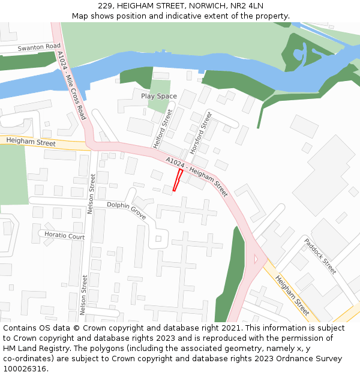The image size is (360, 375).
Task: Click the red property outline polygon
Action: click(178, 180)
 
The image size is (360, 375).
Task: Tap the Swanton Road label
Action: click(39, 47)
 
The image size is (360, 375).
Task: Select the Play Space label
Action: click(159, 96)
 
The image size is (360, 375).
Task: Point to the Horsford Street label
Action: click(201, 131)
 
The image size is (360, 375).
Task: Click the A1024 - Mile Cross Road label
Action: click(71, 85)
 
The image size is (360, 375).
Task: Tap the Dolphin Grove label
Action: click(127, 210)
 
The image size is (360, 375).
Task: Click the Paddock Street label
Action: click(320, 256)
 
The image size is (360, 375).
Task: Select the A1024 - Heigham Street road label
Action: click(197, 177)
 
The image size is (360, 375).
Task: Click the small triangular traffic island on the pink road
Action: click(256, 259)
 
